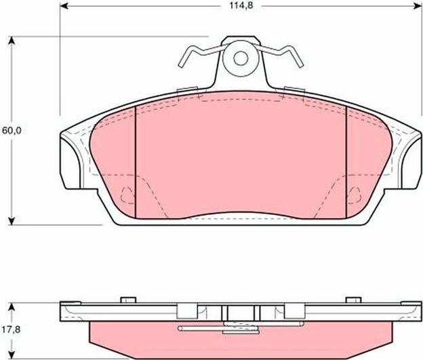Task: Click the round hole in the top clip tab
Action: (241, 58)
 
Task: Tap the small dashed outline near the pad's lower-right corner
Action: (355, 196)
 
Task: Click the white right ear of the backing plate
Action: (409, 159)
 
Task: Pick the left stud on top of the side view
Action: (127, 299)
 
